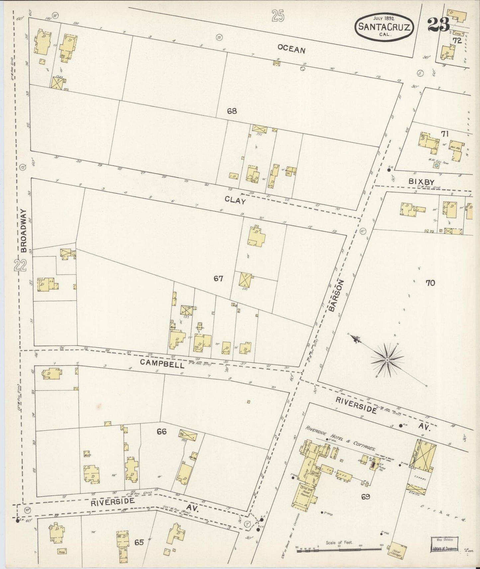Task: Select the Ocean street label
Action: click(x=291, y=50)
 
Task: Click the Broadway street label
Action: click(x=23, y=231)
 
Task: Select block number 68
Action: click(x=232, y=111)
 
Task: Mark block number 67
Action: click(x=218, y=279)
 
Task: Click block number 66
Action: click(x=161, y=432)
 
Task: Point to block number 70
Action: click(x=430, y=283)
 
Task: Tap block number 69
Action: click(x=365, y=497)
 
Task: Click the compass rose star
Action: click(x=387, y=360)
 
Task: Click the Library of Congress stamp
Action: click(x=445, y=544)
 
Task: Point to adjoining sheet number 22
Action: click(x=21, y=266)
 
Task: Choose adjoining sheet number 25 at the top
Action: click(x=278, y=16)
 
